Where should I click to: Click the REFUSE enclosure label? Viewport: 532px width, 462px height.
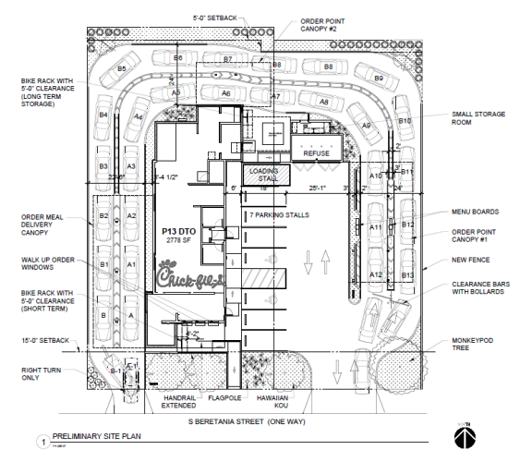[x=316, y=153]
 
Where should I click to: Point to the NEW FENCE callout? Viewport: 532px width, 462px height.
[x=471, y=261]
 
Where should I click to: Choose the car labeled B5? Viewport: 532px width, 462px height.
[x=122, y=69]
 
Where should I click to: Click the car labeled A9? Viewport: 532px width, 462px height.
[x=366, y=125]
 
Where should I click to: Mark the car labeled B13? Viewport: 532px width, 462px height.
[x=407, y=275]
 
